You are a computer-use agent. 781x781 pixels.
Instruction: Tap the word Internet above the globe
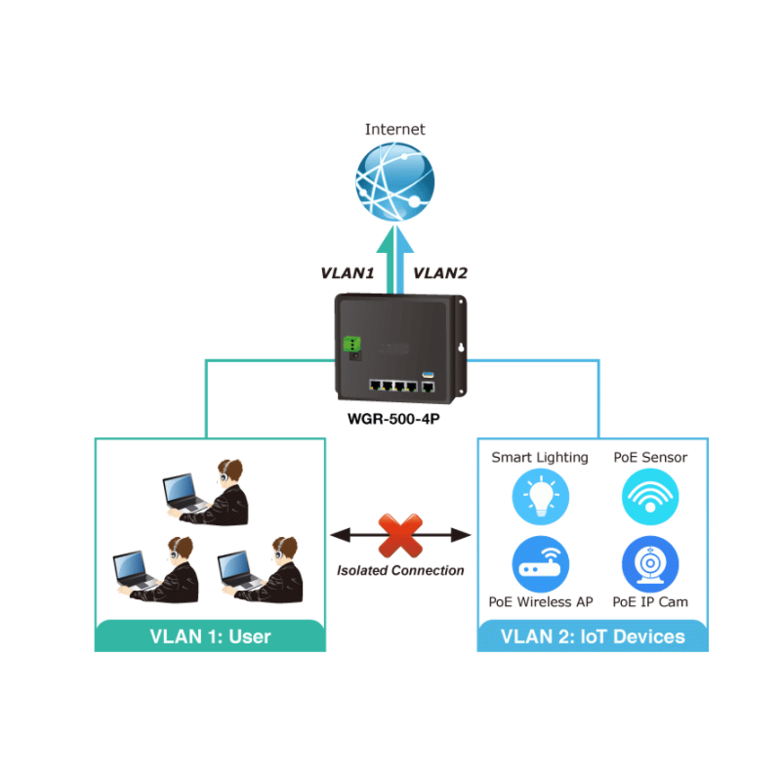tap(394, 129)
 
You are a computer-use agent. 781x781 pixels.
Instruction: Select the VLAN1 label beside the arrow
tap(348, 273)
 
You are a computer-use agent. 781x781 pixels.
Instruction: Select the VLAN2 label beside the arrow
tap(441, 273)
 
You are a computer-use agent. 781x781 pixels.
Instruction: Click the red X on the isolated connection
tap(399, 534)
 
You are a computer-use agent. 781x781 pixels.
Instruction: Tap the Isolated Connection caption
tap(400, 570)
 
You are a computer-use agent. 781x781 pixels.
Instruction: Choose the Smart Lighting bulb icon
tap(540, 496)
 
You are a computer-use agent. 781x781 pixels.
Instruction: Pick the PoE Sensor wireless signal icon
tap(650, 496)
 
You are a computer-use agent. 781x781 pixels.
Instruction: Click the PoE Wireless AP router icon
tap(540, 564)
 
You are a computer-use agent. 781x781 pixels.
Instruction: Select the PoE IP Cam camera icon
tap(650, 564)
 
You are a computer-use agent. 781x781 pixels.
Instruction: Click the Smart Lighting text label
tap(540, 457)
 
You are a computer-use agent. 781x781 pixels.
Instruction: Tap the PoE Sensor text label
tap(650, 457)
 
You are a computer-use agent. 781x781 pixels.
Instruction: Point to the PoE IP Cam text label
tap(650, 602)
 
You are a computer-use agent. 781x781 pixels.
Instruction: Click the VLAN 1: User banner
tap(210, 637)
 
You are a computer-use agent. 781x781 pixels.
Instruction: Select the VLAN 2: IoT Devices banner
tap(593, 637)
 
